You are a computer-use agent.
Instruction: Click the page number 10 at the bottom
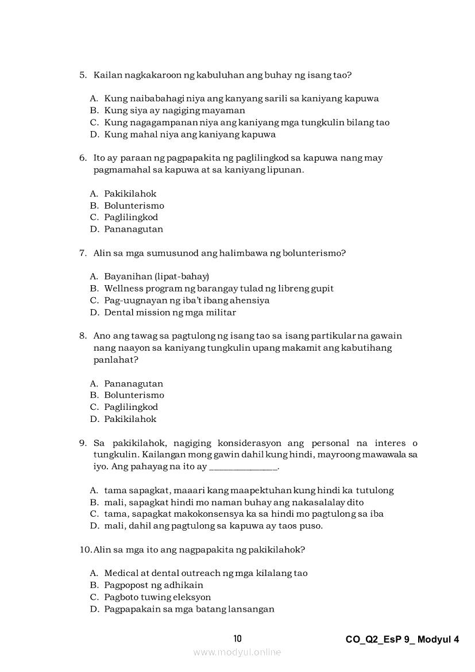pos(238,639)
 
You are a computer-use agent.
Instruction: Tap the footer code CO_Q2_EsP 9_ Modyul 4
pos(403,639)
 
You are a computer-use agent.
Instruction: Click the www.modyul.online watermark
pos(237,652)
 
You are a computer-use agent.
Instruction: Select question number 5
pos(83,75)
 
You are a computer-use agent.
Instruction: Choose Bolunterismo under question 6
pos(134,206)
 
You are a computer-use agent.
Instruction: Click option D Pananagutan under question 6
pos(133,229)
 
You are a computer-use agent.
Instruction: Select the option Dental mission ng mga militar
pos(170,313)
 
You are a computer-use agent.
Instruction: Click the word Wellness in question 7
pos(122,289)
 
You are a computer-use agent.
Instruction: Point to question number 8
pos(83,336)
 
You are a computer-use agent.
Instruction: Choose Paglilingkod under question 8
pos(131,407)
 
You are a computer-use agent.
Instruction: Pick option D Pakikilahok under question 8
pos(130,419)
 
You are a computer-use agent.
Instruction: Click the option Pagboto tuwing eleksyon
pos(157,597)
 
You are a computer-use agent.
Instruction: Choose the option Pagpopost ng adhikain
pos(153,585)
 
